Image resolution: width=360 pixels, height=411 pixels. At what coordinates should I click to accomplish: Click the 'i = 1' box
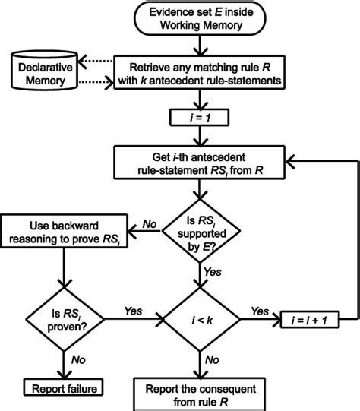pos(198,117)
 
